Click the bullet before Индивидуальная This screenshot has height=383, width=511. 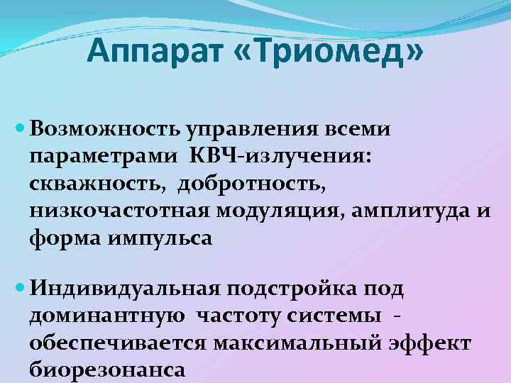tap(20, 289)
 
